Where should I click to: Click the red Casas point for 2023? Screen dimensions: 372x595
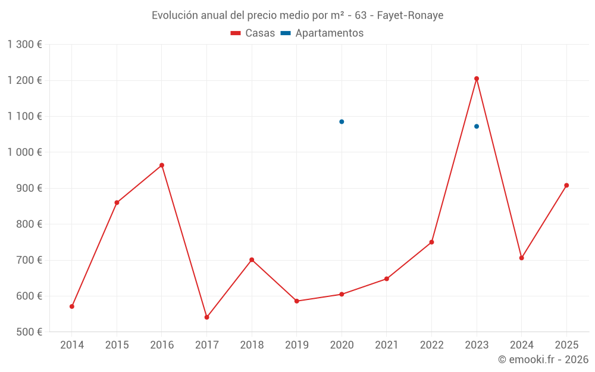[477, 79]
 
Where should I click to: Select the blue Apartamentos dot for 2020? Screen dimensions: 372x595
[342, 121]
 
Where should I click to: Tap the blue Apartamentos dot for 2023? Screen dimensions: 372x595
[477, 126]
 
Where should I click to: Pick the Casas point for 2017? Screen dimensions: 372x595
[206, 317]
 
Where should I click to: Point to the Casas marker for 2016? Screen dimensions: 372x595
[162, 165]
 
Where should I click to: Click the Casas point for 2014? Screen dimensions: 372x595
[72, 307]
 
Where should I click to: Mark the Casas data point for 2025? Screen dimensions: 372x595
[566, 185]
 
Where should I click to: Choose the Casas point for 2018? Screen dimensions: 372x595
[252, 260]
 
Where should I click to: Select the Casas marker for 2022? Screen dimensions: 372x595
[431, 242]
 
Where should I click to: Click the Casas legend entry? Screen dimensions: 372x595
[253, 33]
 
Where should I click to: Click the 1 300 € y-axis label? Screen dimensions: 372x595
[24, 45]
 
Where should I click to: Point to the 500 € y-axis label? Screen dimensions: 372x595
[29, 332]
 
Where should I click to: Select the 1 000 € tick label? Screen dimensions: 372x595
[24, 152]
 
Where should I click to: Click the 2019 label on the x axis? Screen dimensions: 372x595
[296, 345]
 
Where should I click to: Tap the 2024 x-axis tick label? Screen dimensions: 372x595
[521, 345]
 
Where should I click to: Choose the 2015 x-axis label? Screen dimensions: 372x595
[117, 345]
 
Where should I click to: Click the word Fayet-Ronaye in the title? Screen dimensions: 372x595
[410, 15]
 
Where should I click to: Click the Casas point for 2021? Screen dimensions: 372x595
[387, 279]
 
